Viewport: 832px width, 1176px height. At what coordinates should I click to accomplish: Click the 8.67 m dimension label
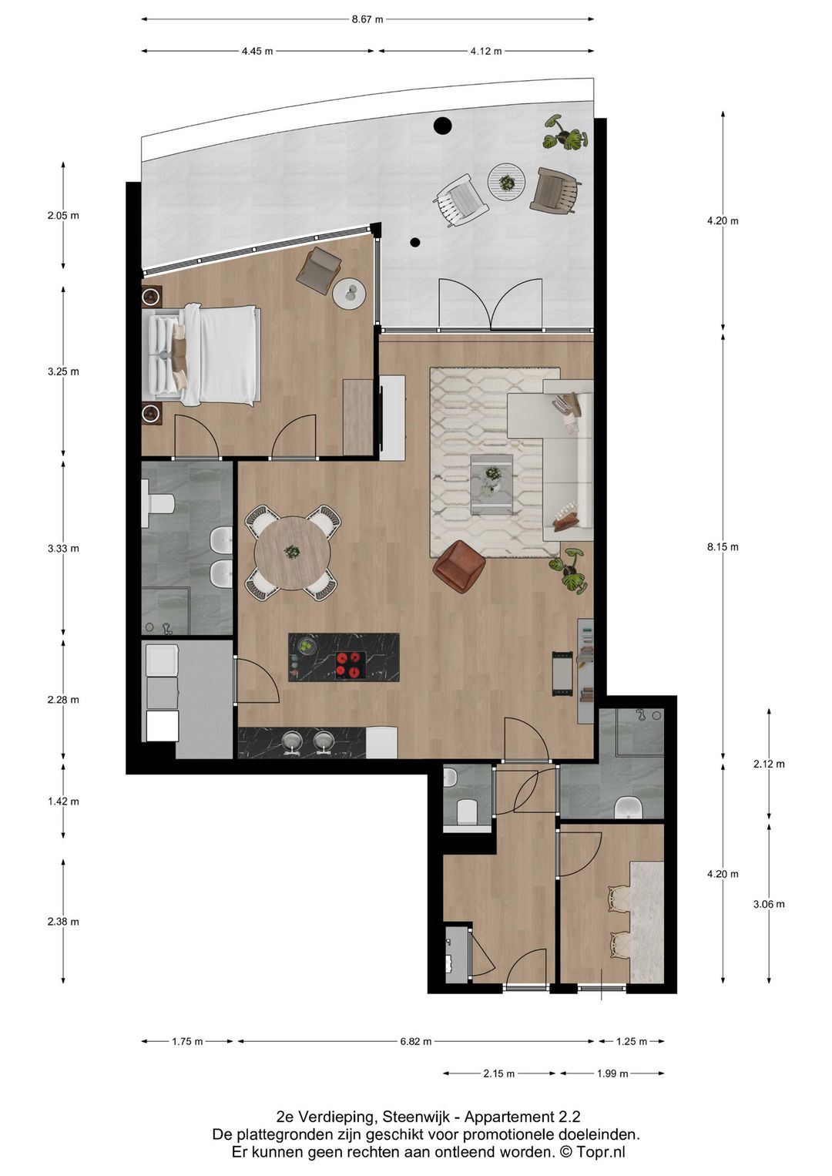coord(367,19)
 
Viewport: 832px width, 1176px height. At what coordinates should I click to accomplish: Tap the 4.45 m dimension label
coord(257,52)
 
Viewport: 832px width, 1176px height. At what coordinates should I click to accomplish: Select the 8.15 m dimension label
coord(723,547)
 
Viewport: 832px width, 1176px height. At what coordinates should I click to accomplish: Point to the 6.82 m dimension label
coord(416,1041)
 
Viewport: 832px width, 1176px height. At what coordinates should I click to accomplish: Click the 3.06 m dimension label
coord(769,904)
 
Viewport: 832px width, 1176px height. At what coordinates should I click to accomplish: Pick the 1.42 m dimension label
coord(63,801)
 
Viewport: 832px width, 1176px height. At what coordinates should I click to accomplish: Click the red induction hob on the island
coord(349,664)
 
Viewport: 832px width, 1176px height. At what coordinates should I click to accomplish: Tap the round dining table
coord(293,553)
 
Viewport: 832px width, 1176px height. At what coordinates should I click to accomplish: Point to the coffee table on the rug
coord(491,484)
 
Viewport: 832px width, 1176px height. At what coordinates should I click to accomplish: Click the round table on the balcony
coord(506,182)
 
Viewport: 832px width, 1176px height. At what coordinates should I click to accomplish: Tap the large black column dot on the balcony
coord(442,125)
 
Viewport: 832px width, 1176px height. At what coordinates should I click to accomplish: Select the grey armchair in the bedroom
coord(319,269)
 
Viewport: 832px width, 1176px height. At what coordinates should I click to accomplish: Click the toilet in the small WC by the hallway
coord(468,811)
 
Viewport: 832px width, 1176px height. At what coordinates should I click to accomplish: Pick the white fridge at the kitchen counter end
coord(381,742)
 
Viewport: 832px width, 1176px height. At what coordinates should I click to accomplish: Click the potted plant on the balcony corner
coord(567,133)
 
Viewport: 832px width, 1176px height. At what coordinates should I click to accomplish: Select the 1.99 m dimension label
coord(612,1074)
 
